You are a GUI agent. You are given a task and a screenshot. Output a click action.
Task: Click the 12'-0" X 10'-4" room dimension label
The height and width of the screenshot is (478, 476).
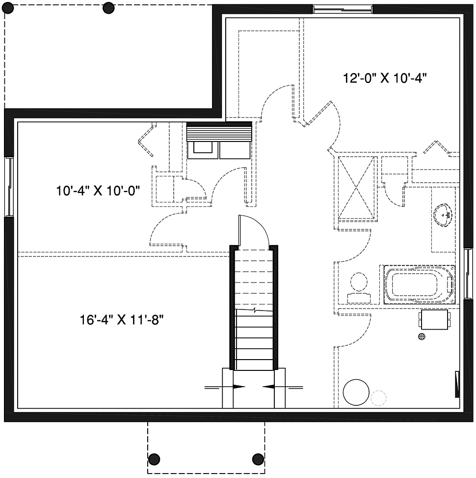pyautogui.click(x=384, y=78)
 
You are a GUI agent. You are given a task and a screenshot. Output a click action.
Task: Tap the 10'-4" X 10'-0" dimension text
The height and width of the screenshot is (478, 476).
pyautogui.click(x=98, y=191)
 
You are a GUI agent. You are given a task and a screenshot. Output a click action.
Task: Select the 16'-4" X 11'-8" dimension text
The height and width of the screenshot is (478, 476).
pyautogui.click(x=122, y=320)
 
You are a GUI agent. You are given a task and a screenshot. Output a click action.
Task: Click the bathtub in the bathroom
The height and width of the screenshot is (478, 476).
pyautogui.click(x=420, y=284)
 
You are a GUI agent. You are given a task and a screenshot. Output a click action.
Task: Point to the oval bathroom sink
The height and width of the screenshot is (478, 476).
pyautogui.click(x=443, y=216)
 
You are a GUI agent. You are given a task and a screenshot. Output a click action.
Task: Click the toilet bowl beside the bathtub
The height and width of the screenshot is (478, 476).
pyautogui.click(x=359, y=282)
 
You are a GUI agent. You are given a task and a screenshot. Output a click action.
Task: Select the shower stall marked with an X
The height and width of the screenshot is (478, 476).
pyautogui.click(x=356, y=187)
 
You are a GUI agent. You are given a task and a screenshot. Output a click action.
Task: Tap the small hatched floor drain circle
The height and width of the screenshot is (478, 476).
pyautogui.click(x=422, y=337)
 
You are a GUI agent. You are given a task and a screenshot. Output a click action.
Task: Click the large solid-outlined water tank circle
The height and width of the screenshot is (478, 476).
pyautogui.click(x=356, y=393)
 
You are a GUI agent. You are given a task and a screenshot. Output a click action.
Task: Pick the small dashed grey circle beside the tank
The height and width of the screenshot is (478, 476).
pyautogui.click(x=379, y=397)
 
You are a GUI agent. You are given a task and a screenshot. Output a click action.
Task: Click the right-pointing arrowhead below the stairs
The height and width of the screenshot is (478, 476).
pyautogui.click(x=239, y=387)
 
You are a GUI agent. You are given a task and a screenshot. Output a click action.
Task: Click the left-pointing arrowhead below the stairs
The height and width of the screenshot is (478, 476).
pyautogui.click(x=268, y=387)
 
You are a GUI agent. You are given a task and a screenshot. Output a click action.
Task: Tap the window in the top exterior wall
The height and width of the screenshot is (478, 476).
pyautogui.click(x=343, y=9)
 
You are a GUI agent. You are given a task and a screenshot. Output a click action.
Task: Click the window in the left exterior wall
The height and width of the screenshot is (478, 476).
pyautogui.click(x=9, y=187)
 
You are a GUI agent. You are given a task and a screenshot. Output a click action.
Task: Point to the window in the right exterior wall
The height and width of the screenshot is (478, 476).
pyautogui.click(x=467, y=273)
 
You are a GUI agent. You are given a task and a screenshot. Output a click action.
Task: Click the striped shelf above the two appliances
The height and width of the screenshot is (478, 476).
pyautogui.click(x=219, y=131)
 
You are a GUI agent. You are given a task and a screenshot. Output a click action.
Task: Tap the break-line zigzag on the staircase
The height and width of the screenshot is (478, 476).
pyautogui.click(x=254, y=310)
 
